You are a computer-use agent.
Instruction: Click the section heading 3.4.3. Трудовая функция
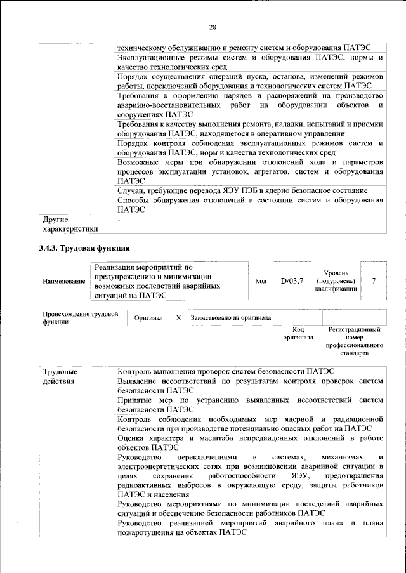pyautogui.click(x=85, y=248)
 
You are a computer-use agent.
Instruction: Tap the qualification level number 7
pyautogui.click(x=374, y=280)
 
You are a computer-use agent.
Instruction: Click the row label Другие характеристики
pyautogui.click(x=70, y=224)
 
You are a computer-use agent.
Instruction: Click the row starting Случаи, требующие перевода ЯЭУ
pyautogui.click(x=242, y=190)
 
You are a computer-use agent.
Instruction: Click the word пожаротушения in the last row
pyautogui.click(x=147, y=533)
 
